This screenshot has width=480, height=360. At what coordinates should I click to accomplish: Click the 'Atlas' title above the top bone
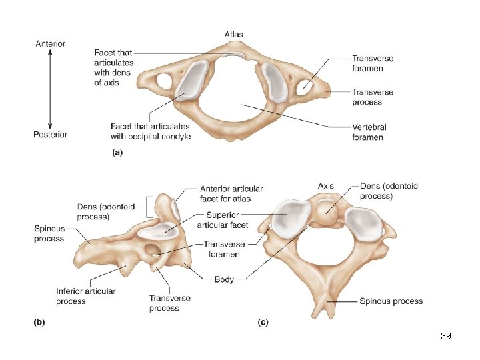(233, 34)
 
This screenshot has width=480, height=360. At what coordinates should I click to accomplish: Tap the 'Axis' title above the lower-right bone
(326, 185)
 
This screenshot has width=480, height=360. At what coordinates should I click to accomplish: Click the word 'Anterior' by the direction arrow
(51, 44)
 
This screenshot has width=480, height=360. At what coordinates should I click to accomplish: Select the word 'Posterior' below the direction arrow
(51, 134)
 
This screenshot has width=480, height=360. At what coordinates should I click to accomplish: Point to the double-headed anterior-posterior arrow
(51, 89)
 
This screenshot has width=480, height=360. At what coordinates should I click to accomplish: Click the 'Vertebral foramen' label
(369, 132)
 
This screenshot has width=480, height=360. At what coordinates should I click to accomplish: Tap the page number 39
(446, 336)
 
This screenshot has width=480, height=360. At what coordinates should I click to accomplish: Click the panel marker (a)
(116, 152)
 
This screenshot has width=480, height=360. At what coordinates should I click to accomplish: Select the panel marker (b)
(39, 322)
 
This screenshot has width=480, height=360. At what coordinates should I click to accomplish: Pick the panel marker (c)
(263, 322)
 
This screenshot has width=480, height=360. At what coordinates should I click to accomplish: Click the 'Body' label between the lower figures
(224, 279)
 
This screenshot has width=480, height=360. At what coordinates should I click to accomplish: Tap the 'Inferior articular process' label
(85, 296)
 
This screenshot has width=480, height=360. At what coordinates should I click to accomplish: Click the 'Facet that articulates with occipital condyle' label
(151, 131)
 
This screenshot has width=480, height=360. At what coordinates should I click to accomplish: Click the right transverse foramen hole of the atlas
(307, 84)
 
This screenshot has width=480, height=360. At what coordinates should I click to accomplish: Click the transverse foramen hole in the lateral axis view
(153, 251)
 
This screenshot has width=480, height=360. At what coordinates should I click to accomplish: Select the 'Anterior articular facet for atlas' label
(231, 194)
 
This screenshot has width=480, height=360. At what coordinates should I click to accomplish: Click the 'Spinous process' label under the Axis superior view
(391, 301)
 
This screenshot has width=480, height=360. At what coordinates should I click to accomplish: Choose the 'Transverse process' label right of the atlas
(373, 97)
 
